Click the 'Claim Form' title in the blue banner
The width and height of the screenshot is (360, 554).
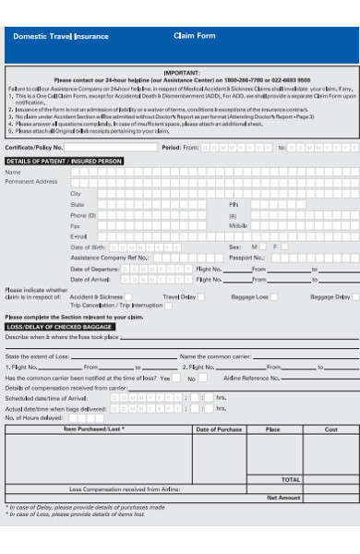(194, 36)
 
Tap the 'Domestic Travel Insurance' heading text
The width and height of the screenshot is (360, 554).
(61, 37)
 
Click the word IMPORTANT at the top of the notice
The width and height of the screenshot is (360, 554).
(181, 71)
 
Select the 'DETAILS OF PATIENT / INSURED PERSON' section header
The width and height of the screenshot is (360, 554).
(64, 161)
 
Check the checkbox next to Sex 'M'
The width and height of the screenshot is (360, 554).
(265, 247)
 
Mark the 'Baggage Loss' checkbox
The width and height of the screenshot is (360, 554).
(275, 297)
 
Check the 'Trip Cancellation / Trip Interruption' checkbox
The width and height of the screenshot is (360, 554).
(167, 306)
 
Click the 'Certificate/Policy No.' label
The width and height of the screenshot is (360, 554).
(34, 147)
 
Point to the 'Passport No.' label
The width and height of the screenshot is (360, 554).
(246, 258)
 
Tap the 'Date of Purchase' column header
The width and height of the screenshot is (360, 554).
(218, 429)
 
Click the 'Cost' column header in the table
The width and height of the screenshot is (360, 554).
(330, 429)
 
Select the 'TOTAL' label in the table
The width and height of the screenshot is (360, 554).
(291, 479)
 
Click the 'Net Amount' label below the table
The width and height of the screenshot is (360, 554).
(284, 497)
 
